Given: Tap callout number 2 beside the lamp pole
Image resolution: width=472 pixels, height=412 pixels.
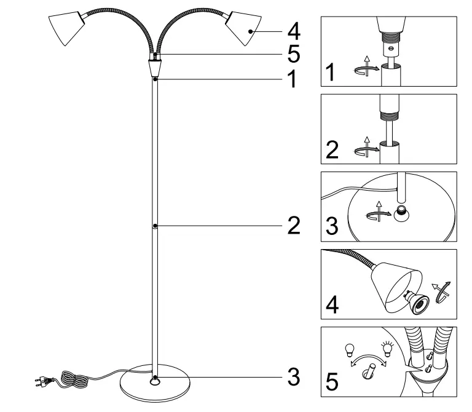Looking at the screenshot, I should (x=293, y=226).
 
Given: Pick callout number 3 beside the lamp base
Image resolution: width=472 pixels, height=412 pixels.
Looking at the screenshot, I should (x=293, y=377).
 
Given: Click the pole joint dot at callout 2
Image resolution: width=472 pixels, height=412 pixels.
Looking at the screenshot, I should (x=155, y=226).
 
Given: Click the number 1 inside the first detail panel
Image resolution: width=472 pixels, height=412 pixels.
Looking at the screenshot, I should (x=331, y=73).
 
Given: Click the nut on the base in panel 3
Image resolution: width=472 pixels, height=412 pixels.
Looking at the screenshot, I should (x=402, y=213).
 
